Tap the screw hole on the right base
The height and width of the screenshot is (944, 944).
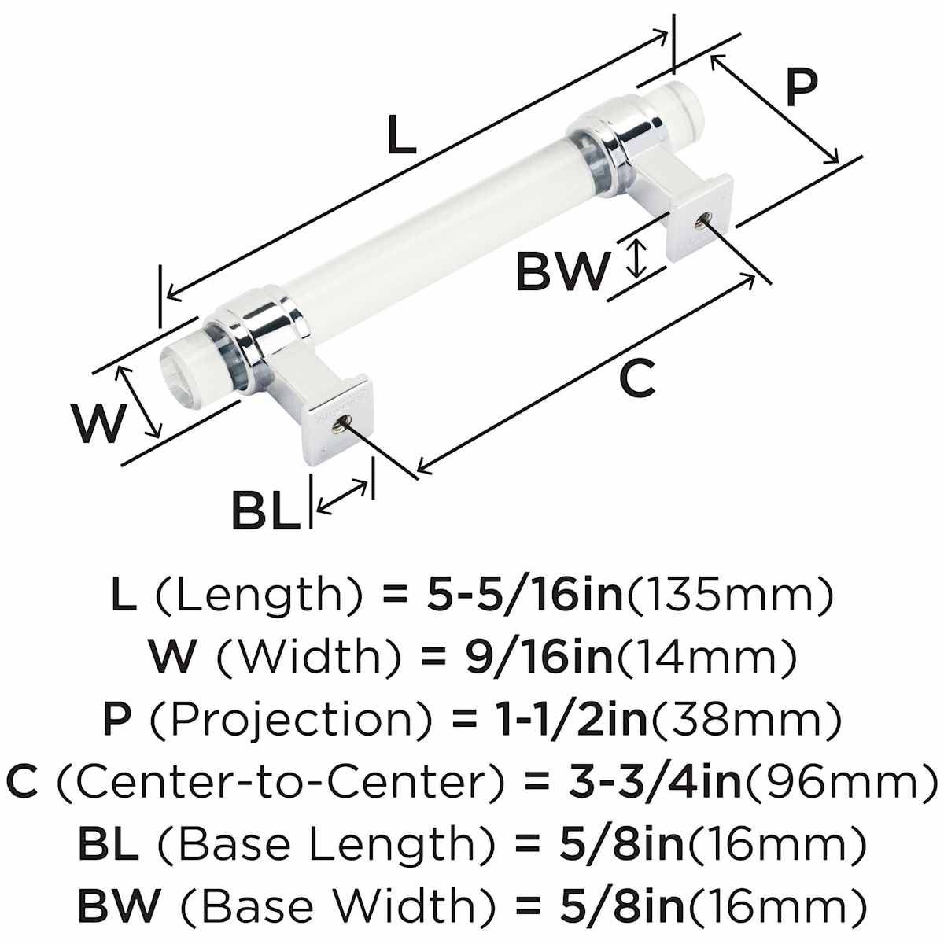698,223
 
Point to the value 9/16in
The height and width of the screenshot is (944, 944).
542,658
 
